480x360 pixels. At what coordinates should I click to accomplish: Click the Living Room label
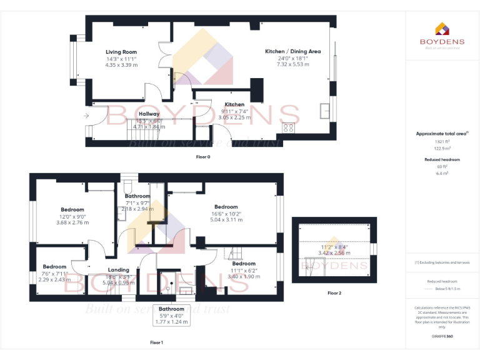[121, 52]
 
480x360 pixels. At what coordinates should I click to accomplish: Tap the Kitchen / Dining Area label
[293, 51]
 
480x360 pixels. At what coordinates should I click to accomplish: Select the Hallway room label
[149, 114]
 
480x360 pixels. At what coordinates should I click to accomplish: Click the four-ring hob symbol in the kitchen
[289, 127]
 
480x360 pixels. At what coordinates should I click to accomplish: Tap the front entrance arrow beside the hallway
[86, 116]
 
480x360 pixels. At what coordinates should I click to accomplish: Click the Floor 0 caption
[202, 157]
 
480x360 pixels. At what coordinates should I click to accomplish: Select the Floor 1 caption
[156, 342]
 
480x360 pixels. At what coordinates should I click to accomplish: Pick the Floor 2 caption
[334, 292]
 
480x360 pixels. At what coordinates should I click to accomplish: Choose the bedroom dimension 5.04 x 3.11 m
[226, 220]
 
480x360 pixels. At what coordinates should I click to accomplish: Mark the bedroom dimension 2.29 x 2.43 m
[54, 279]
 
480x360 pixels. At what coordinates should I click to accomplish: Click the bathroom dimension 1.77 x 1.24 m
[171, 321]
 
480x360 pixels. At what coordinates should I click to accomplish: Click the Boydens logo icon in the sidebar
[441, 28]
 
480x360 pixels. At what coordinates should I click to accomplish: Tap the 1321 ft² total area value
[442, 142]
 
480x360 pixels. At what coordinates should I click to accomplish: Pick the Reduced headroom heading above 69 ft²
[442, 160]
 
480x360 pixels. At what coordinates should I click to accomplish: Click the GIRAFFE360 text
[442, 337]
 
